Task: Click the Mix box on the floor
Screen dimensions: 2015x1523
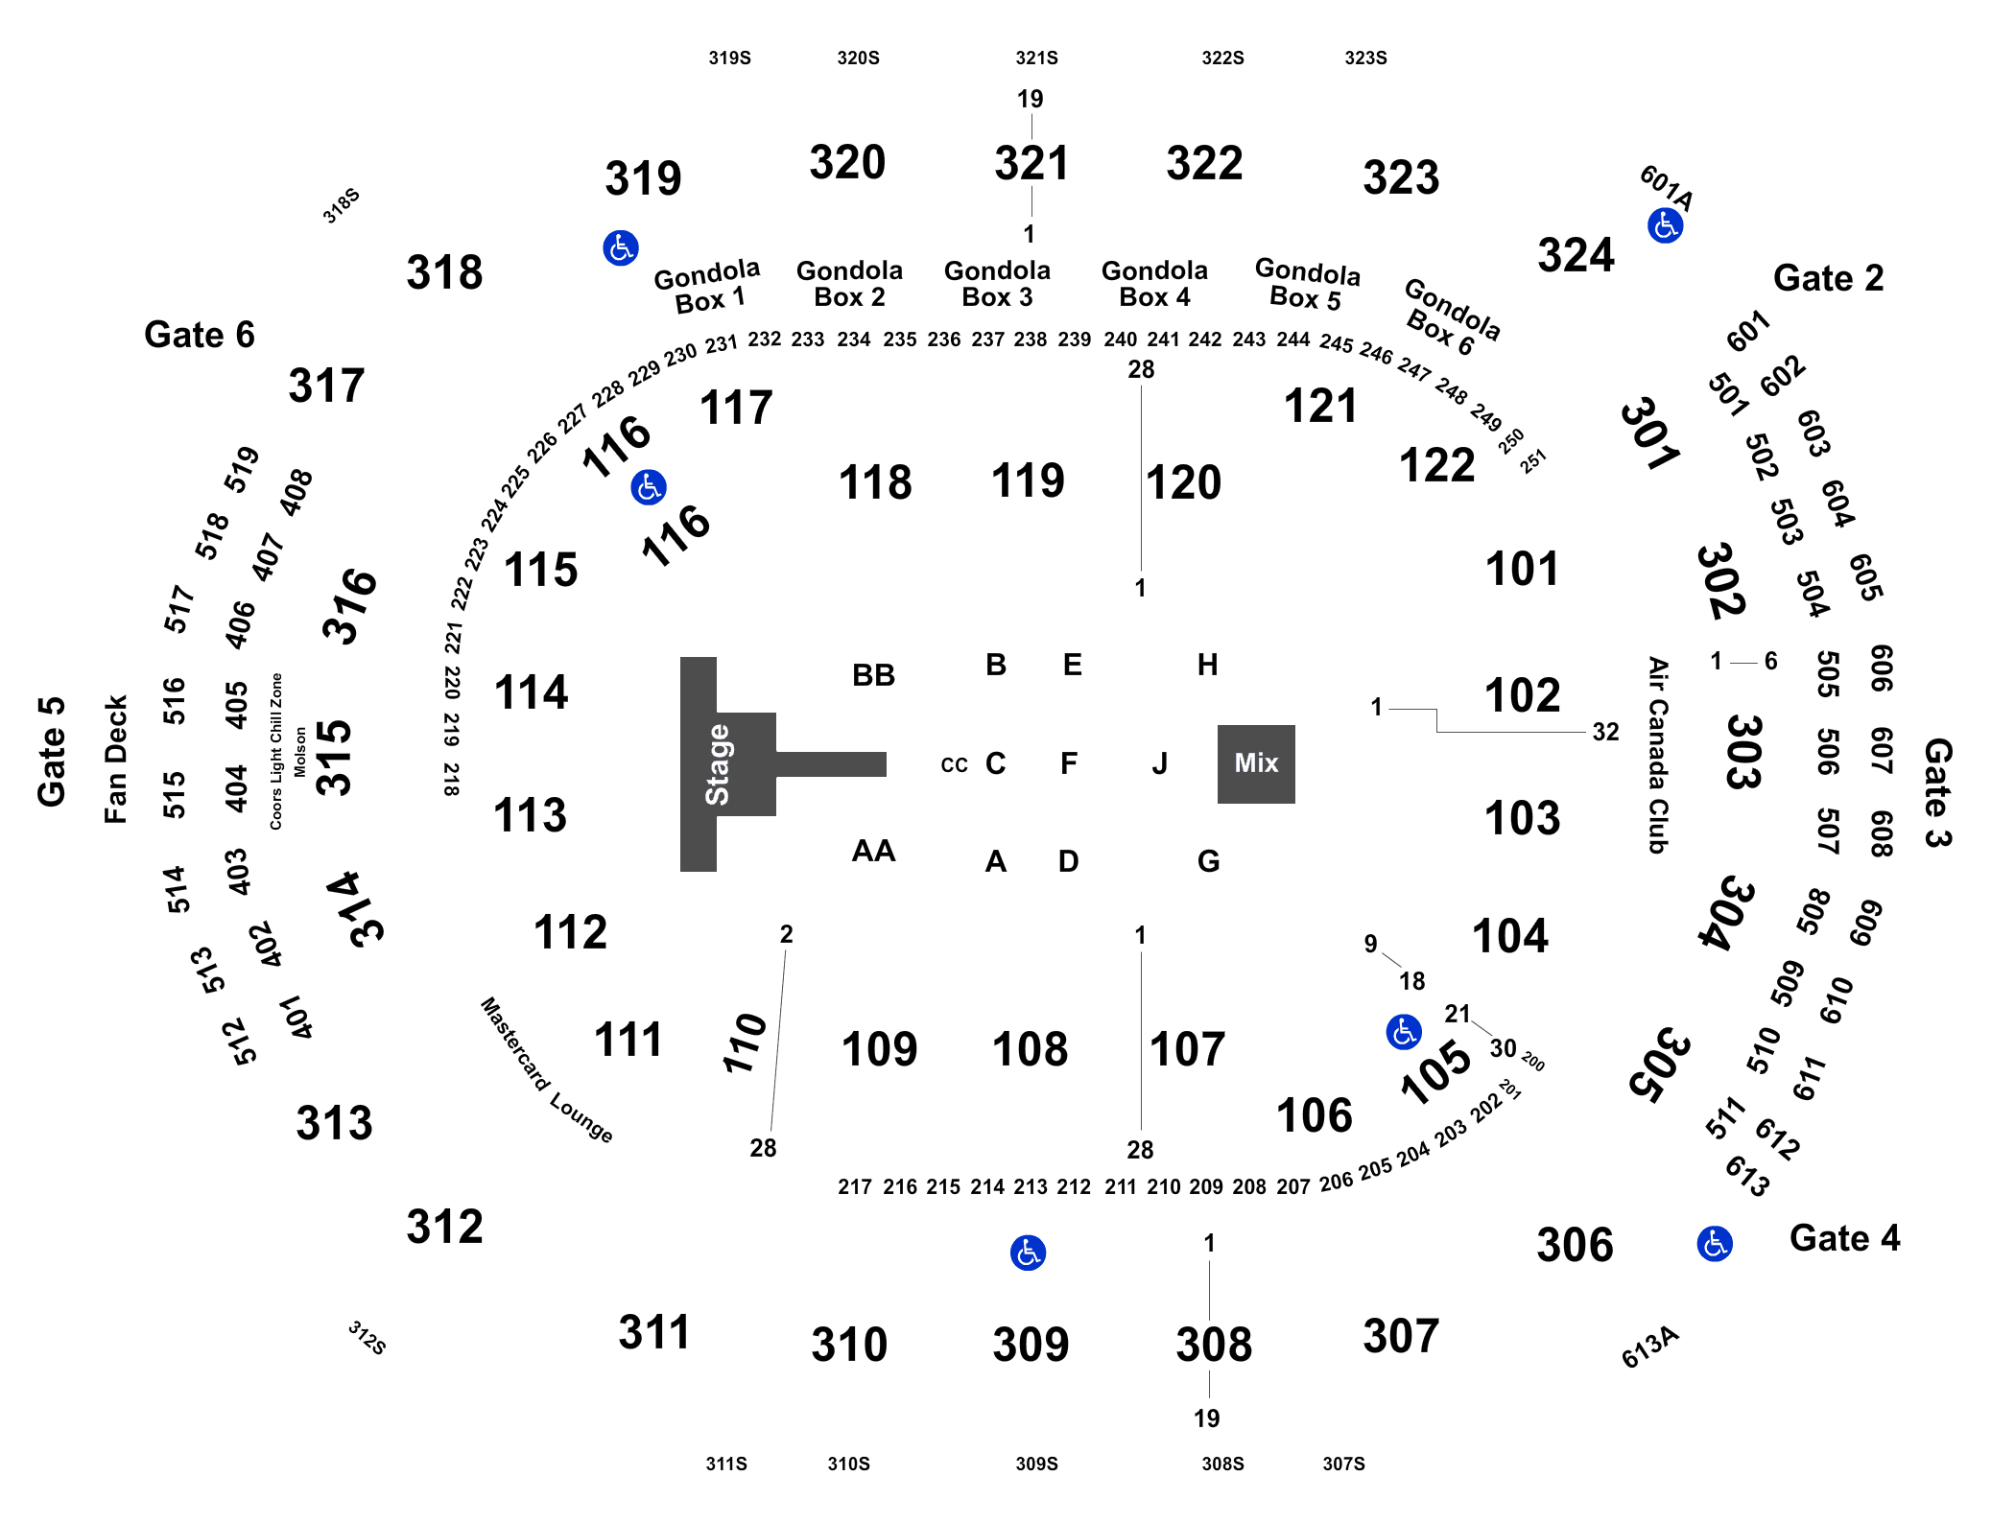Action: click(1256, 763)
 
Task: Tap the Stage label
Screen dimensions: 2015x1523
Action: click(718, 764)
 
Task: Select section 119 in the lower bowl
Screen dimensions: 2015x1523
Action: click(1028, 480)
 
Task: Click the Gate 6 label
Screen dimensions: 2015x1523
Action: click(200, 335)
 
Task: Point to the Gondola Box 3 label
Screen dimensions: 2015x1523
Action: click(998, 284)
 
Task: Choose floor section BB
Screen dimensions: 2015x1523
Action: click(873, 675)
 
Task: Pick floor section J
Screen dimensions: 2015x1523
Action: click(1160, 763)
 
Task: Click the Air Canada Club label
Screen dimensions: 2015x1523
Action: click(1658, 755)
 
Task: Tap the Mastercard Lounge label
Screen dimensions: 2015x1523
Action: click(547, 1069)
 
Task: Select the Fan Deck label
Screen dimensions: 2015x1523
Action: click(116, 760)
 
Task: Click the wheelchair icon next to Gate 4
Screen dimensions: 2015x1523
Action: click(1715, 1244)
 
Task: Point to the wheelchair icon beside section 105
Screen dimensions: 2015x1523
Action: click(1404, 1032)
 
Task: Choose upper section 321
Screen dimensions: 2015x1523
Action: click(1031, 163)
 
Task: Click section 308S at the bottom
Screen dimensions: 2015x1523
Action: click(1222, 1464)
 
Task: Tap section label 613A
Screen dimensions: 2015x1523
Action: click(1650, 1347)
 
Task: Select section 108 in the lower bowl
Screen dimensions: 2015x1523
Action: click(1030, 1049)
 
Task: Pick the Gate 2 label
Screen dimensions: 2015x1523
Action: click(1829, 278)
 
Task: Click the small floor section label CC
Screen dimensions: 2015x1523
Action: click(955, 765)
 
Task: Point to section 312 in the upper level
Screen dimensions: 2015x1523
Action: click(444, 1227)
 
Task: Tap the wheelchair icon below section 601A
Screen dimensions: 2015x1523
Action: click(1666, 226)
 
